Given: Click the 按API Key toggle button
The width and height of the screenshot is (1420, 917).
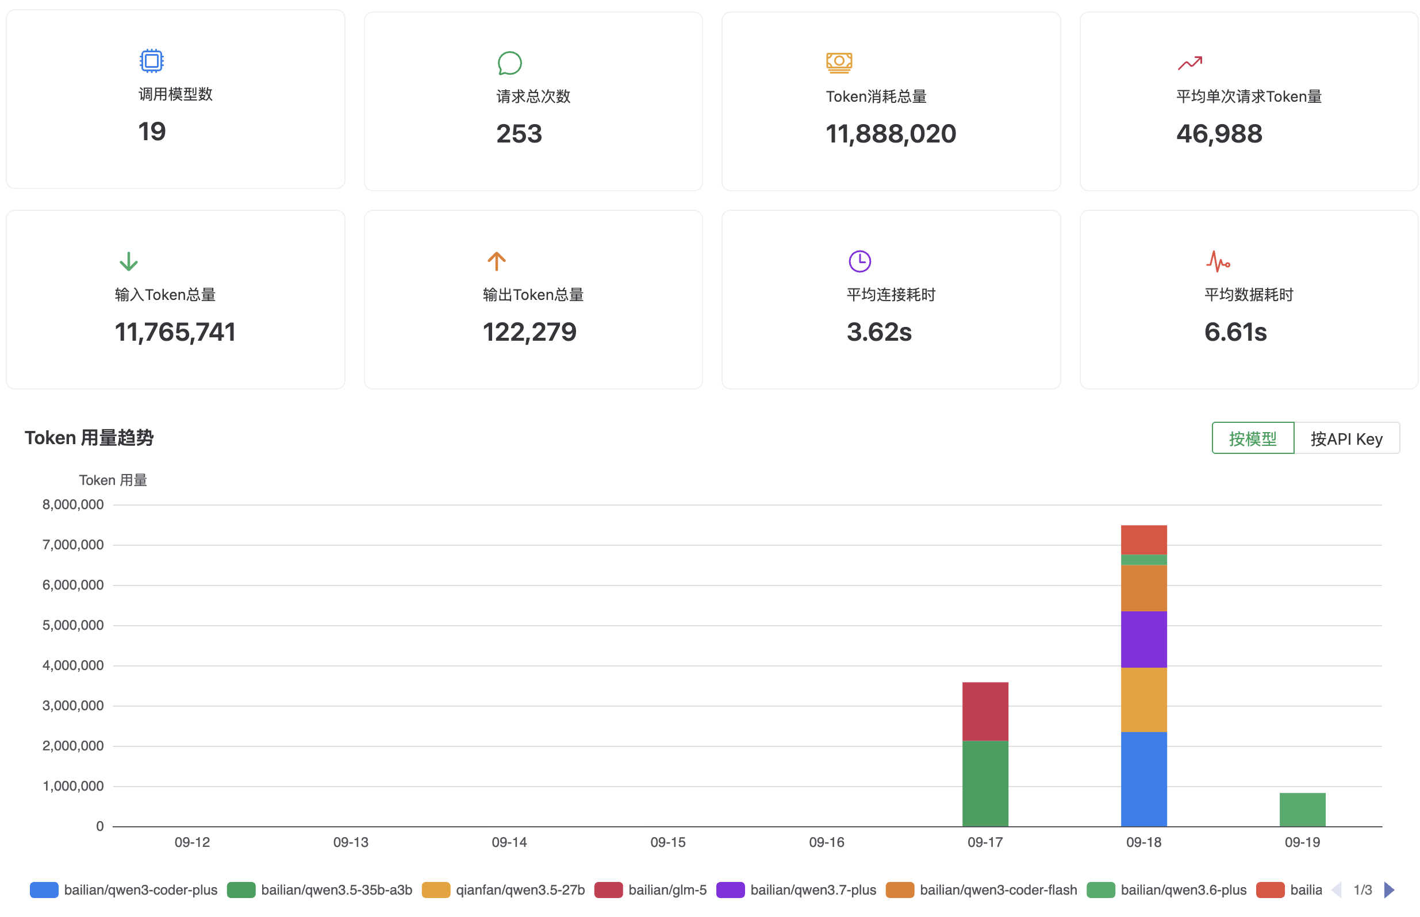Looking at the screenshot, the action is (x=1346, y=438).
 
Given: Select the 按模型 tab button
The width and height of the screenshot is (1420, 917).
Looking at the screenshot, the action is (x=1253, y=438).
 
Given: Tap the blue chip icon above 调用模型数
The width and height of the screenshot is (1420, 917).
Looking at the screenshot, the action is (x=151, y=61).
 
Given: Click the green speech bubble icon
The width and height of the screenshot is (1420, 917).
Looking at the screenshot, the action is (x=509, y=63).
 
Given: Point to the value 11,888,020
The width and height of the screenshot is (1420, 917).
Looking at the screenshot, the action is (x=891, y=133).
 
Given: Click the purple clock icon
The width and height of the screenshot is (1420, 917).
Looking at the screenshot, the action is (x=859, y=261).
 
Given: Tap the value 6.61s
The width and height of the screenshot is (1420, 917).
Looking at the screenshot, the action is (x=1235, y=332).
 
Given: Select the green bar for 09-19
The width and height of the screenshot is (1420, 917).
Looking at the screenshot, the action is (x=1302, y=809).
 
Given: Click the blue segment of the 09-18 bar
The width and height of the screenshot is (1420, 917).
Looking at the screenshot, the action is (x=1143, y=779).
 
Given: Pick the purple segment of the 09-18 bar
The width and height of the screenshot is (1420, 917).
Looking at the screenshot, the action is (x=1143, y=639).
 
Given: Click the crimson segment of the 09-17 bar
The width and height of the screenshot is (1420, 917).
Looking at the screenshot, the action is (x=985, y=711).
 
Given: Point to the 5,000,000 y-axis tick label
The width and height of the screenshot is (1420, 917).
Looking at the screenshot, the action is (x=72, y=625).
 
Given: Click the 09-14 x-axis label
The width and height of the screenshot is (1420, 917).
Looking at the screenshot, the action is (x=509, y=842).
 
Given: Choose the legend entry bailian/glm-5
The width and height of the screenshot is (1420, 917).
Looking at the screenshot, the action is (x=650, y=889).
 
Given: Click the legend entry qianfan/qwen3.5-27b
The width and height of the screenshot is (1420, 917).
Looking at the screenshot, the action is (x=503, y=889).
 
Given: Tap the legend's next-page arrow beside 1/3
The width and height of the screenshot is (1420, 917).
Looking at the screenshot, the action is (x=1389, y=889).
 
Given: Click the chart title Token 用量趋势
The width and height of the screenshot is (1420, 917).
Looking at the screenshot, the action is (x=89, y=438).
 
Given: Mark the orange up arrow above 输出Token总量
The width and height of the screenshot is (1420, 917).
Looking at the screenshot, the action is (x=496, y=261).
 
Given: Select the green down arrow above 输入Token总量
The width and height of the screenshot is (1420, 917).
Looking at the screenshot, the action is (x=128, y=261).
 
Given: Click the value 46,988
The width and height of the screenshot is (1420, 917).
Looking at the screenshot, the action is (x=1219, y=133).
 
